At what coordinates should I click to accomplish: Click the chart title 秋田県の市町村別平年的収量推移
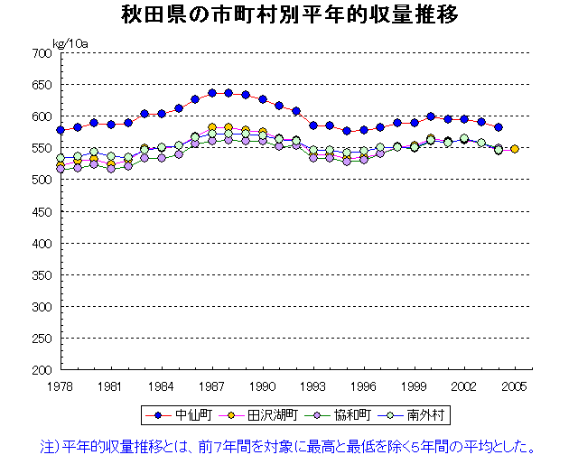coord(288,15)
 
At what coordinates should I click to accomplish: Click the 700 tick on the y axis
coord(41,53)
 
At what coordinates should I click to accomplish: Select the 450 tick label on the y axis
coord(41,211)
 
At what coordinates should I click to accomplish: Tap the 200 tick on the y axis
coord(41,370)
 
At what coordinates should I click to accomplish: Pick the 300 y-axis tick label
coord(41,307)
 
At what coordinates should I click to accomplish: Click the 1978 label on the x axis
coord(61,385)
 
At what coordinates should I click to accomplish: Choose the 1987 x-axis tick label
coord(212,385)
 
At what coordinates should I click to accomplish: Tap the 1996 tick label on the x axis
coord(364,385)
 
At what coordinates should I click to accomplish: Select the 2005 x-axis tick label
coord(515,385)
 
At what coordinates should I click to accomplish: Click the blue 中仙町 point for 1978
coord(61,130)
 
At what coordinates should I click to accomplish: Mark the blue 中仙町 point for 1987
coord(212,93)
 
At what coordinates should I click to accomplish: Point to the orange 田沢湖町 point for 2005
coord(515,149)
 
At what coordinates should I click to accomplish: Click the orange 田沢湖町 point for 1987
coord(212,128)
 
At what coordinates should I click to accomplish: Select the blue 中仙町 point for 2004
coord(498,127)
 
